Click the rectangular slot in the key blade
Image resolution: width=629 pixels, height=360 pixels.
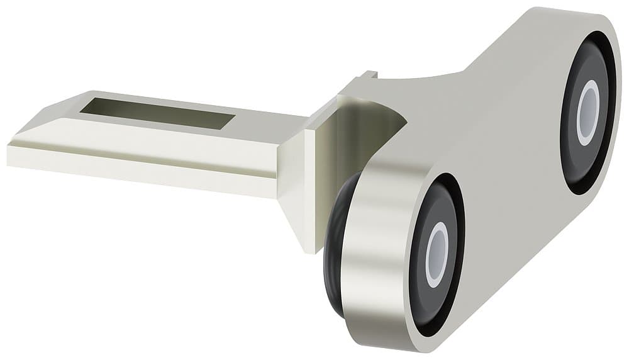[157, 113]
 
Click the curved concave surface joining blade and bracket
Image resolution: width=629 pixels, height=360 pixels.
[365, 126]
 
